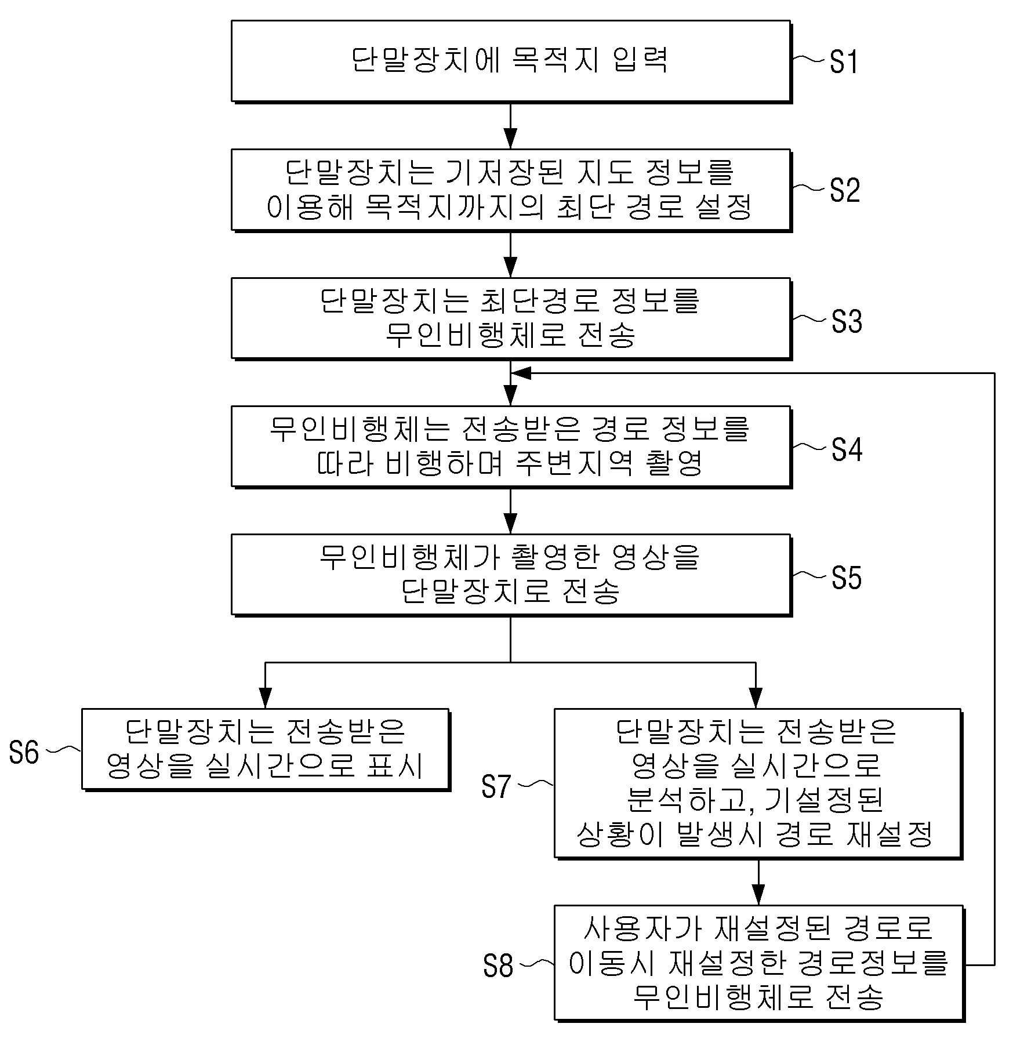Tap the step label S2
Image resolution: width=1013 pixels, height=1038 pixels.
tap(845, 190)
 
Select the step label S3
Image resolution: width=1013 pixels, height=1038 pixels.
tap(847, 321)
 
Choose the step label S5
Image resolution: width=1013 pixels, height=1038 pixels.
tap(847, 578)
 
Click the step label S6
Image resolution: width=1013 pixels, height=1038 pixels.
tap(24, 753)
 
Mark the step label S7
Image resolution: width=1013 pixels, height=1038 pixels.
tap(496, 786)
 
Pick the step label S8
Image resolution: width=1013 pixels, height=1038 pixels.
tap(499, 966)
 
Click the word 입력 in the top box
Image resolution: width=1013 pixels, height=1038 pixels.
tap(640, 59)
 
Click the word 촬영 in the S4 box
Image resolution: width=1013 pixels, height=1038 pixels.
tap(674, 463)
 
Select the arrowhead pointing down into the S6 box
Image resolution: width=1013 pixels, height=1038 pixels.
tap(265, 698)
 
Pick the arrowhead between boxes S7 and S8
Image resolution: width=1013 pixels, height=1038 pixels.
tap(758, 894)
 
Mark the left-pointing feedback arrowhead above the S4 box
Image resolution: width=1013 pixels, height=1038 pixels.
tap(521, 373)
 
